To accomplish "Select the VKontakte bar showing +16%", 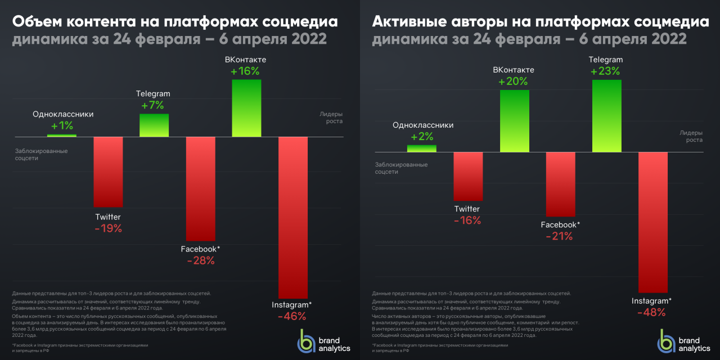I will pyautogui.click(x=246, y=108).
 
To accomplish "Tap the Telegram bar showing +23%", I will pyautogui.click(x=606, y=116).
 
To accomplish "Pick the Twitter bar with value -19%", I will pyautogui.click(x=108, y=172).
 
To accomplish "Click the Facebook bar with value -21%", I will pyautogui.click(x=560, y=184).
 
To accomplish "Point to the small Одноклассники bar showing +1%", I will pyautogui.click(x=62, y=136).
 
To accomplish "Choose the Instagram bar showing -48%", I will pyautogui.click(x=652, y=222).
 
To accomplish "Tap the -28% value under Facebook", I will pyautogui.click(x=201, y=260).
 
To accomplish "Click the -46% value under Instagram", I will pyautogui.click(x=292, y=316).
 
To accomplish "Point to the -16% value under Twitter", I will pyautogui.click(x=467, y=220).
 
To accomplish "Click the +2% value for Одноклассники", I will pyautogui.click(x=422, y=137).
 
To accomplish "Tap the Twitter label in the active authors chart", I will pyautogui.click(x=467, y=209).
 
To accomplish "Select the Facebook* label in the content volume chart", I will pyautogui.click(x=201, y=249).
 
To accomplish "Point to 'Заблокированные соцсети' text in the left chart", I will pyautogui.click(x=41, y=155).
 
